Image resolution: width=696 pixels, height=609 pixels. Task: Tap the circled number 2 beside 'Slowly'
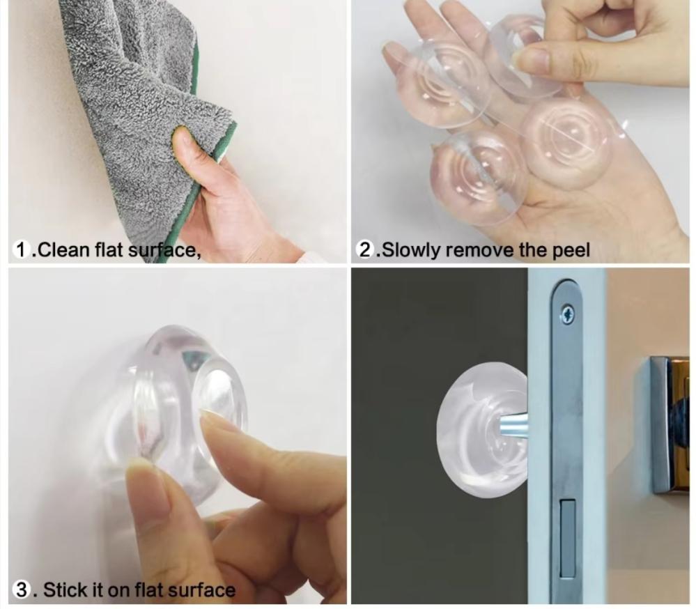coord(365,249)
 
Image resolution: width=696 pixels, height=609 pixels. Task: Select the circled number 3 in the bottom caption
coord(22,590)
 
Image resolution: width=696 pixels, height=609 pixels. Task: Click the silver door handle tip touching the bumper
coord(513,424)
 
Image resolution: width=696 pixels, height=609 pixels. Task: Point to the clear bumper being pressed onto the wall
coord(178,408)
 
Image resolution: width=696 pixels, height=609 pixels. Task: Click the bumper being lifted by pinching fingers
coord(524,56)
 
